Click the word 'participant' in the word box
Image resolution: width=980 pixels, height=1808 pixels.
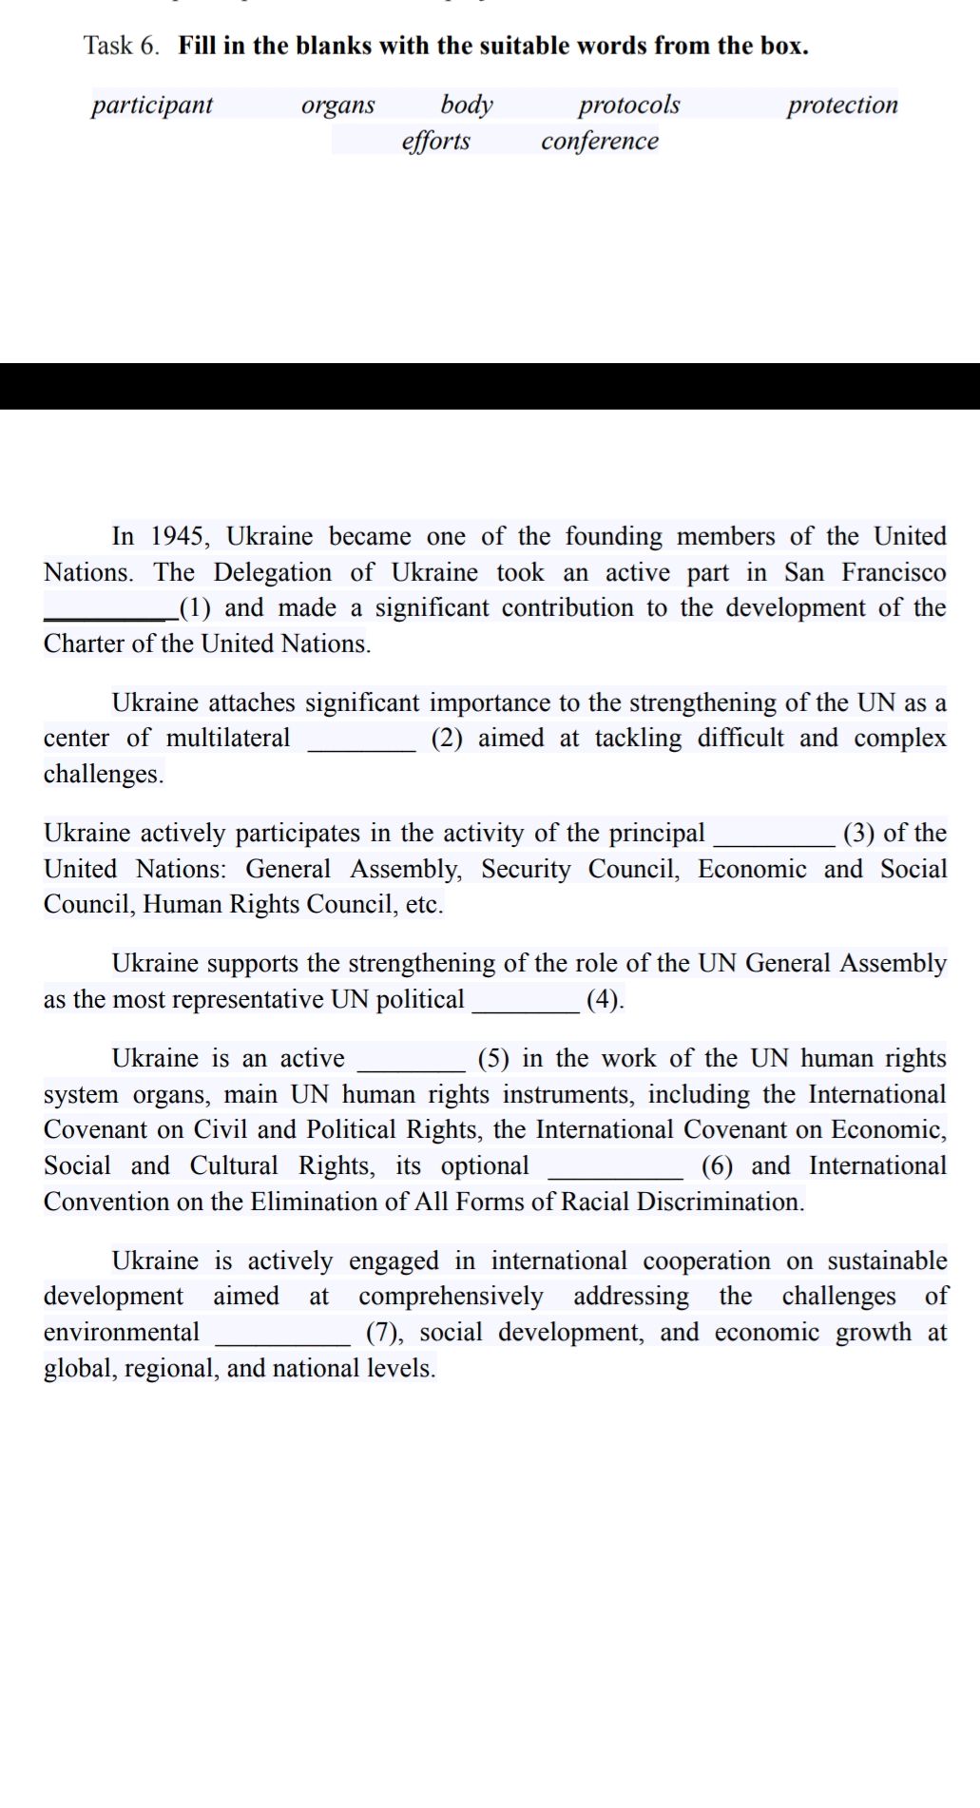pyautogui.click(x=152, y=105)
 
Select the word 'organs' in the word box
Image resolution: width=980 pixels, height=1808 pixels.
pyautogui.click(x=337, y=105)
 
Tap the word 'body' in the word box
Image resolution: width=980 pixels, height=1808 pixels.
pyautogui.click(x=467, y=105)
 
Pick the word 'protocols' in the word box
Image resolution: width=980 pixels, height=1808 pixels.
pyautogui.click(x=629, y=105)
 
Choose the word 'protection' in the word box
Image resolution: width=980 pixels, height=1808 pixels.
pyautogui.click(x=842, y=105)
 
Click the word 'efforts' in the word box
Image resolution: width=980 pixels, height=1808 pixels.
pyautogui.click(x=435, y=141)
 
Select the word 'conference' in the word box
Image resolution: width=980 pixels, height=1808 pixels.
pyautogui.click(x=600, y=141)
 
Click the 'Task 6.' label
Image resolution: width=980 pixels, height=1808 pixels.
pyautogui.click(x=122, y=46)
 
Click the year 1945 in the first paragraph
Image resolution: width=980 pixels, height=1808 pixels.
pyautogui.click(x=179, y=536)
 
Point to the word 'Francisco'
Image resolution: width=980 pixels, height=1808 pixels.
pyautogui.click(x=894, y=572)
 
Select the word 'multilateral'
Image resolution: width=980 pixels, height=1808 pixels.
pyautogui.click(x=228, y=739)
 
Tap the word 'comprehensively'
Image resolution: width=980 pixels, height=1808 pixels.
pyautogui.click(x=451, y=1297)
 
